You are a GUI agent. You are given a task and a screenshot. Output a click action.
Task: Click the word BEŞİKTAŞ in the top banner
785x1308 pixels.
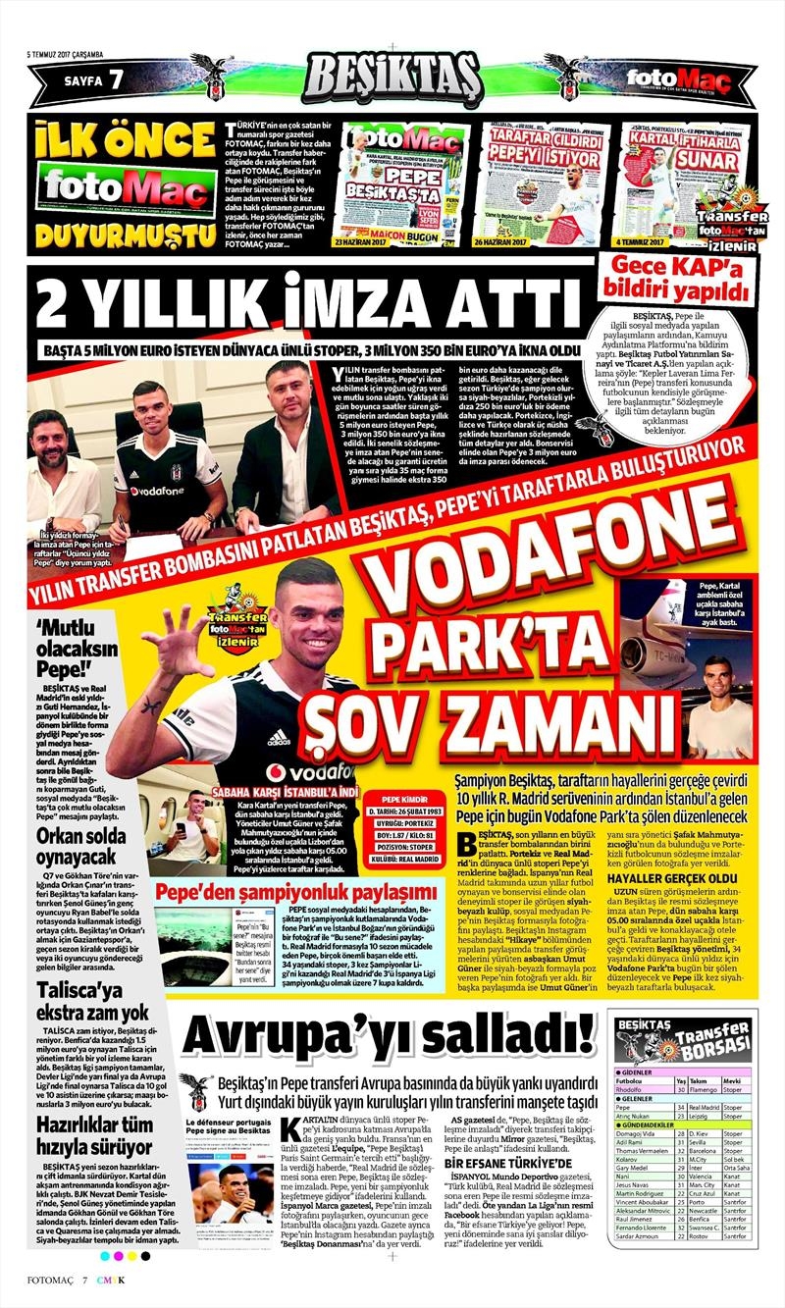(x=392, y=75)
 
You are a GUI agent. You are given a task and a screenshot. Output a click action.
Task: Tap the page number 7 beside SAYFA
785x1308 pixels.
(x=116, y=78)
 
